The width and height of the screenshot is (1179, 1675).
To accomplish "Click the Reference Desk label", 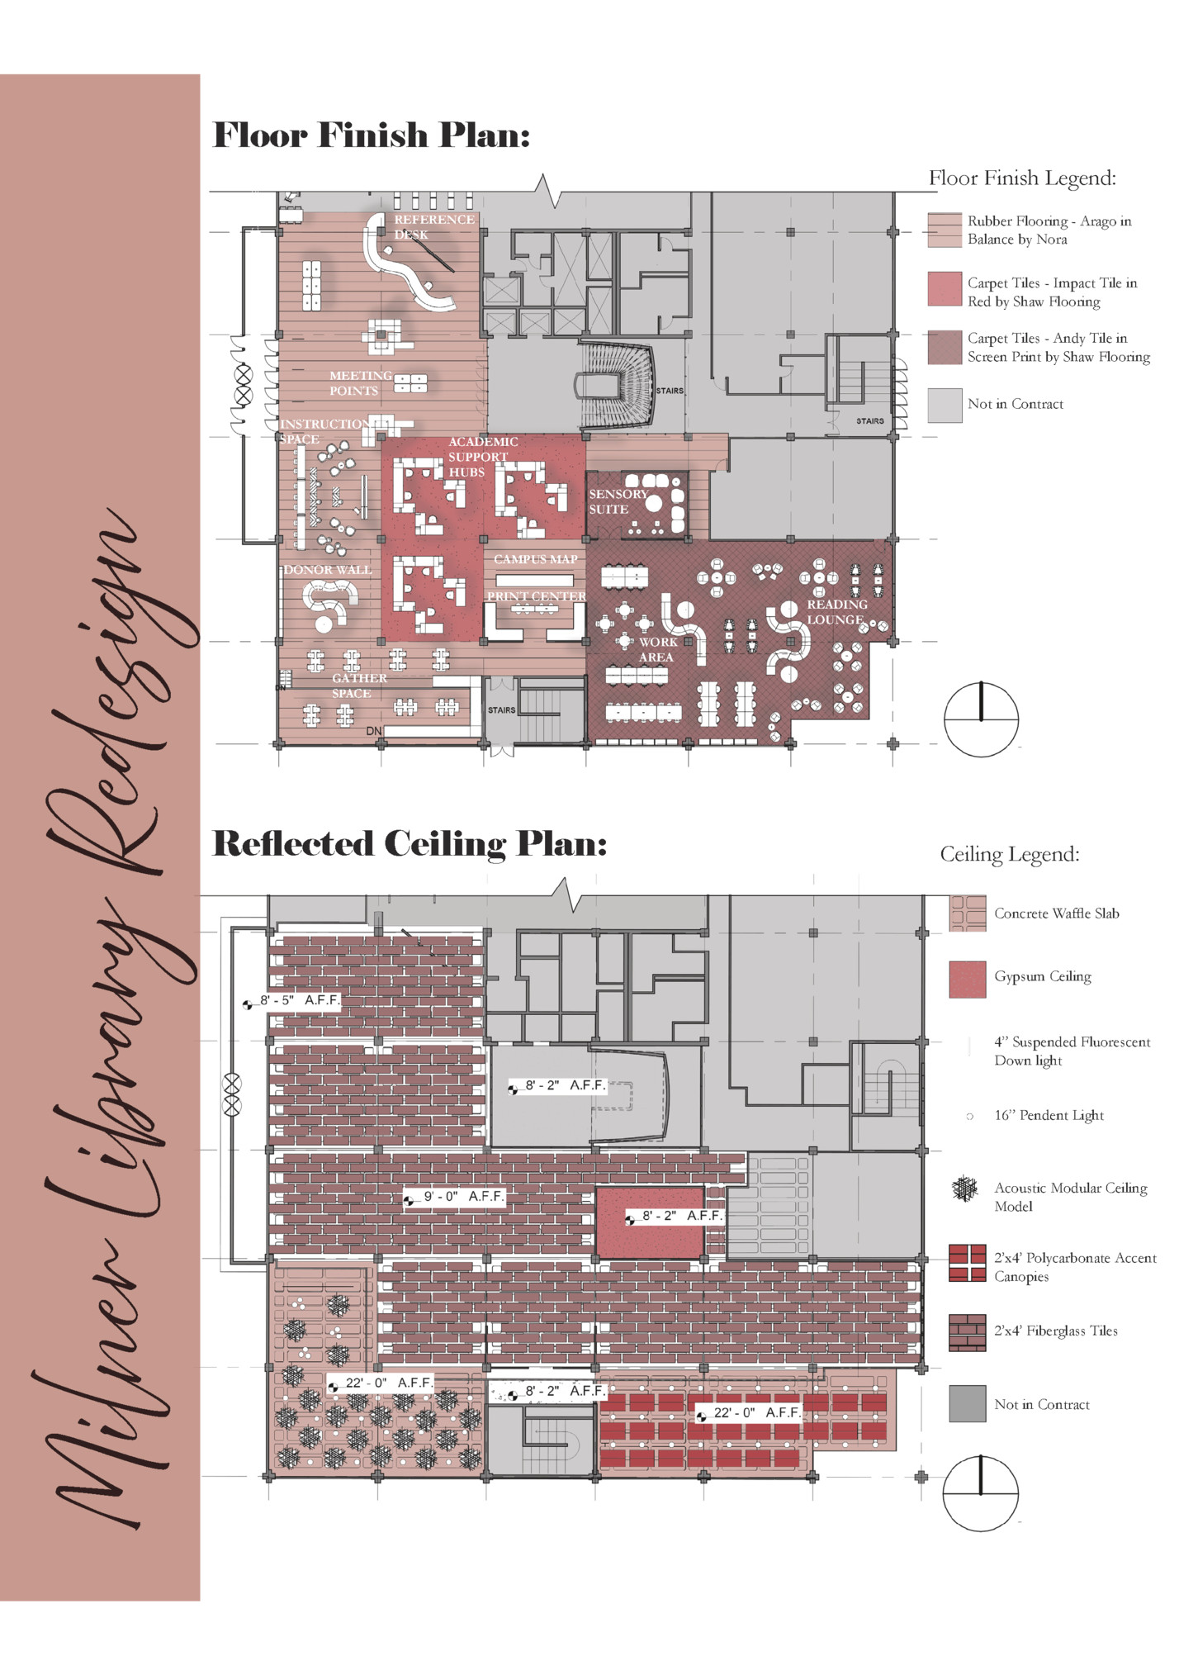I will [x=433, y=226].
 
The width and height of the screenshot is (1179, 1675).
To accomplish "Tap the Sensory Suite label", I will [x=618, y=501].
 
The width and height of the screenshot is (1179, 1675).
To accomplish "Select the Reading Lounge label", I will [x=836, y=612].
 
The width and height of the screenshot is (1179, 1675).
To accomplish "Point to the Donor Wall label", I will [x=328, y=570].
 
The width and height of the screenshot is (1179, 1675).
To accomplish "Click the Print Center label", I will [x=536, y=596].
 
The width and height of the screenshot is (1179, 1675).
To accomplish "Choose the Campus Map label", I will [x=535, y=559].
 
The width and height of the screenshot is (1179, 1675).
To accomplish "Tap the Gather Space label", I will [x=358, y=686].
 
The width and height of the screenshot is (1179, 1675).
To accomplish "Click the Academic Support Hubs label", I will [x=482, y=457].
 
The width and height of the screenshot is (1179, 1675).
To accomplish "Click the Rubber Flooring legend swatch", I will [x=945, y=230].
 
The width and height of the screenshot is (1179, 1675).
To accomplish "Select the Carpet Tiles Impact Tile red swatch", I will [x=945, y=289].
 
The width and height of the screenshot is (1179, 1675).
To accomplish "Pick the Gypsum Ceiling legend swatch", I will [x=967, y=979].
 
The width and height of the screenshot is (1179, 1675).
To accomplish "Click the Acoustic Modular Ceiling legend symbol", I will [x=964, y=1189].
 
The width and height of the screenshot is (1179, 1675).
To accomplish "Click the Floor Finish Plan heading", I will [x=371, y=135].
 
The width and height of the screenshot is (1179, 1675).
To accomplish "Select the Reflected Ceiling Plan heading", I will [x=410, y=843].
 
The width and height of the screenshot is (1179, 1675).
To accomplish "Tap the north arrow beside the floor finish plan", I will [x=981, y=719].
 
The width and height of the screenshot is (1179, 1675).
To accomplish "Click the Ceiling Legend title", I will [x=1009, y=854].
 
